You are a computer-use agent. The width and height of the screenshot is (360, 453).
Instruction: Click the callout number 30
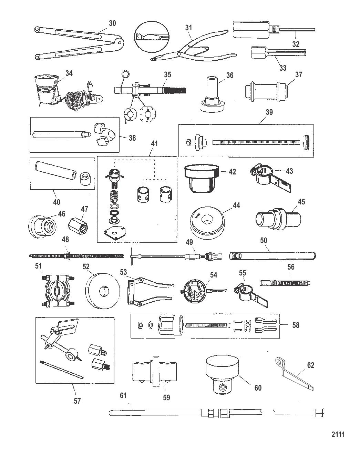112,23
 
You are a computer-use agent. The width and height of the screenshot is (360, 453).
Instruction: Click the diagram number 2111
338,434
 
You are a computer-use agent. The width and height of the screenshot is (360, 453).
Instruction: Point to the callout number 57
77,401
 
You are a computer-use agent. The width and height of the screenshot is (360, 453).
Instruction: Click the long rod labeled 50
272,255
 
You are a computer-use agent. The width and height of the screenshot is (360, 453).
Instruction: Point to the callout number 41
154,143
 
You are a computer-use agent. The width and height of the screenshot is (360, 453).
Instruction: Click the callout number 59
166,397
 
